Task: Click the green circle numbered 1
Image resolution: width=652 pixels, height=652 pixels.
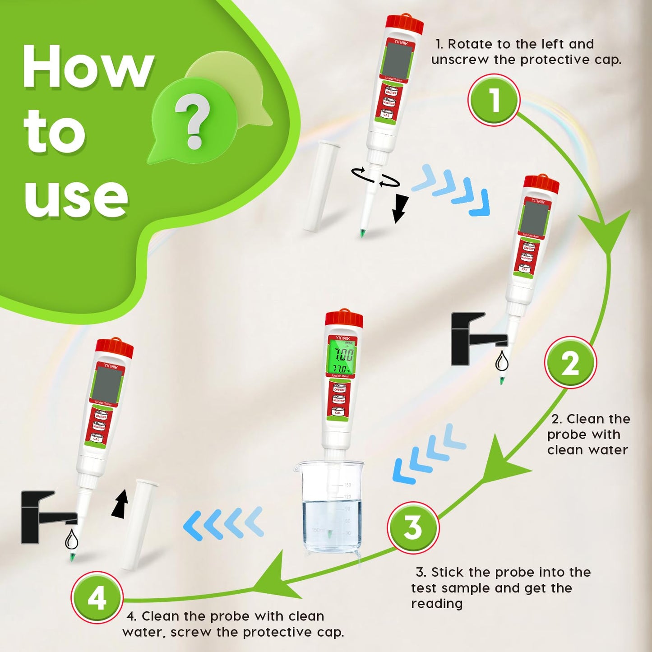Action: [x=494, y=100]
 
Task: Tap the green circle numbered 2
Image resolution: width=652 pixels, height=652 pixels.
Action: [x=570, y=363]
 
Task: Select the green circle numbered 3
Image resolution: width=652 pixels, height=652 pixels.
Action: [x=412, y=527]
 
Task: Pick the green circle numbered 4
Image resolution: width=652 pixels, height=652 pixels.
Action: [x=97, y=598]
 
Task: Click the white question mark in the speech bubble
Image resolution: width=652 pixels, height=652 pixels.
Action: [x=193, y=121]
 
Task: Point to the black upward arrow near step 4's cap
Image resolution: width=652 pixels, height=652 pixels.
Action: [x=120, y=504]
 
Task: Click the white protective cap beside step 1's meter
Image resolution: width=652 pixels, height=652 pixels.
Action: [x=319, y=186]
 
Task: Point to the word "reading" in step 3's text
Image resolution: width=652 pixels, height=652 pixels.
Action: [x=437, y=604]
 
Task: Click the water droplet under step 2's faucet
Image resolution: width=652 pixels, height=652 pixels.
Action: [x=502, y=361]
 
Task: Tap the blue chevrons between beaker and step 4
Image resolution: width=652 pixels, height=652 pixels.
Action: [x=224, y=523]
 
